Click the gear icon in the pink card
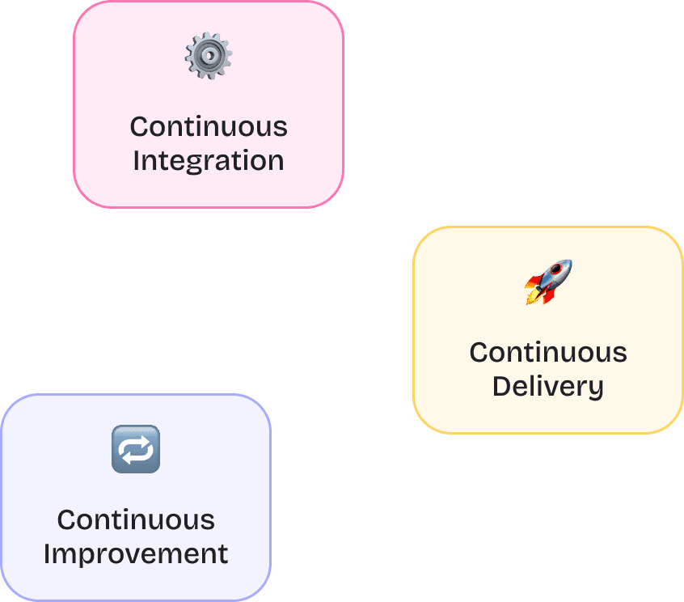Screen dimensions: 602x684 [209, 56]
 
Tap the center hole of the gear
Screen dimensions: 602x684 [209, 56]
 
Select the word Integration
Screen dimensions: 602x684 [208, 161]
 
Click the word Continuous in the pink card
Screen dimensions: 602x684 [208, 127]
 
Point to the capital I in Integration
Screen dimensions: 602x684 [137, 160]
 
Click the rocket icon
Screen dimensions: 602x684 [548, 281]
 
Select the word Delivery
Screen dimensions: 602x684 [547, 387]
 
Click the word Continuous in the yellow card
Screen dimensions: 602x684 [547, 353]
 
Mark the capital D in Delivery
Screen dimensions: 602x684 [501, 386]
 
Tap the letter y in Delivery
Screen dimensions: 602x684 [596, 389]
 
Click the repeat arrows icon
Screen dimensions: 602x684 [136, 449]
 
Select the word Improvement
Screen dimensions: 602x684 [136, 554]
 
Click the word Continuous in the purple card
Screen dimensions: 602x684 [136, 519]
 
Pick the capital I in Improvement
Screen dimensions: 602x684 [48, 554]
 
